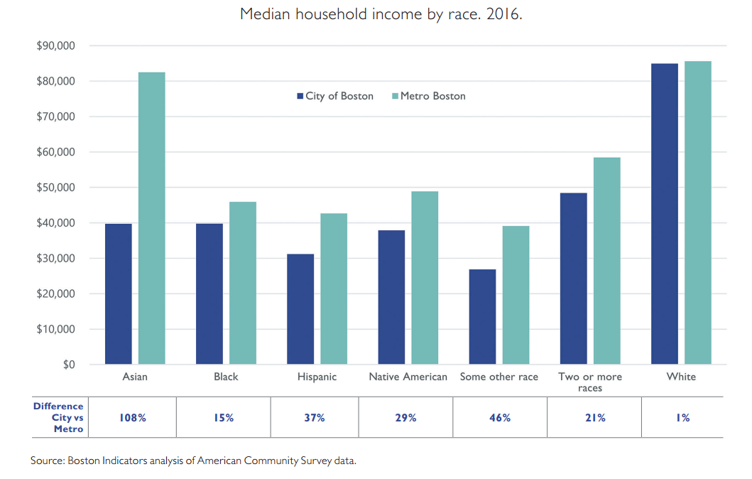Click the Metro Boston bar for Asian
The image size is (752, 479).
tap(151, 218)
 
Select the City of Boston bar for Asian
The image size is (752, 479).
tap(118, 294)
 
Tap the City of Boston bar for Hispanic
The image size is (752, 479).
tap(300, 309)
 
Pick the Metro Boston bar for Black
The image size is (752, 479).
tap(243, 283)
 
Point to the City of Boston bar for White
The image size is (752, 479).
tap(665, 214)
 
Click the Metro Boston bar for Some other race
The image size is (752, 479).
tap(516, 295)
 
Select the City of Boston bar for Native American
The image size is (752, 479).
tap(391, 297)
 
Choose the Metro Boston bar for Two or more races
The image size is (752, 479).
tap(607, 261)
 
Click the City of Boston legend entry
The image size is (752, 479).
tap(334, 96)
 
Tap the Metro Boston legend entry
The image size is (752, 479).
tap(428, 96)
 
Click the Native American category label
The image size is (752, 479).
tap(408, 377)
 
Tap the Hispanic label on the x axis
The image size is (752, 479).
tap(317, 377)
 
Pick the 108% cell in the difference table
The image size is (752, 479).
tap(133, 418)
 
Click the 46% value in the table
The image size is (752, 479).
tap(500, 418)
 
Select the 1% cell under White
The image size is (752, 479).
tap(682, 418)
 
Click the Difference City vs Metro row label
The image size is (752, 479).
tap(59, 418)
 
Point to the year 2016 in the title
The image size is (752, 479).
tap(503, 14)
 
